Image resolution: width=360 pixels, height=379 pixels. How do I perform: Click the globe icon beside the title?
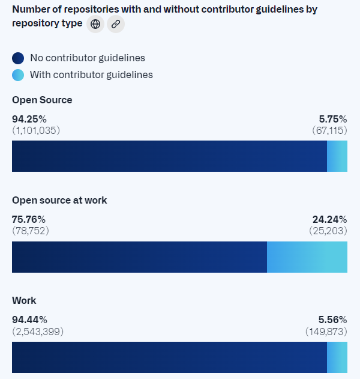95,24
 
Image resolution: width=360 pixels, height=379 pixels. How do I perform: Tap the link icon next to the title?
116,24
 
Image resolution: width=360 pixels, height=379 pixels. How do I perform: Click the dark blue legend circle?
18,58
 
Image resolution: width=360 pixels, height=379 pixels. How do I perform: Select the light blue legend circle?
18,75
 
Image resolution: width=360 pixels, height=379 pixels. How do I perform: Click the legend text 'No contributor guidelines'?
88,58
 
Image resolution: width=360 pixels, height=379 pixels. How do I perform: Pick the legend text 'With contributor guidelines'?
91,75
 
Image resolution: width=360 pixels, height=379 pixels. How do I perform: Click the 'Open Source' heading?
42,100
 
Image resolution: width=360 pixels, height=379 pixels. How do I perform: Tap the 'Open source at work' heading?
59,200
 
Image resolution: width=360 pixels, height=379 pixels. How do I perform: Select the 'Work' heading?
24,300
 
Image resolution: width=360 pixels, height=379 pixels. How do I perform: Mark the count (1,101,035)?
36,130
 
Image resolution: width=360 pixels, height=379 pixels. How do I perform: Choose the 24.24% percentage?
329,219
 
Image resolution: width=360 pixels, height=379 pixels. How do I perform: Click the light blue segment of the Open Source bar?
337,156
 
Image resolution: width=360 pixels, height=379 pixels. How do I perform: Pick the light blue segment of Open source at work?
307,257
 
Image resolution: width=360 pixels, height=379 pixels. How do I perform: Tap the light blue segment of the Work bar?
337,357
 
